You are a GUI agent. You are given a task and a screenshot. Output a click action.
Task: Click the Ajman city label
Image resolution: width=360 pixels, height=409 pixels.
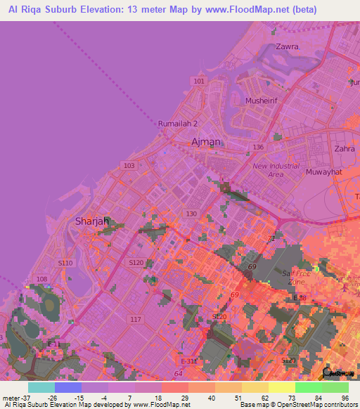click(x=206, y=142)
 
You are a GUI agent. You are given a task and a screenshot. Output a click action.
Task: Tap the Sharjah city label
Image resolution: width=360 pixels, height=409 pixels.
click(x=92, y=221)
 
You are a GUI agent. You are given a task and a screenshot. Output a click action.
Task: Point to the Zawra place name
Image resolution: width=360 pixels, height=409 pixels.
click(x=287, y=46)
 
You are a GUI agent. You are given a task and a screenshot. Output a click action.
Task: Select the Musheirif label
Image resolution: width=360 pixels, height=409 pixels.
click(x=263, y=100)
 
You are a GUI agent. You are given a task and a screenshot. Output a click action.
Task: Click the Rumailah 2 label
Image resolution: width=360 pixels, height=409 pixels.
click(x=178, y=124)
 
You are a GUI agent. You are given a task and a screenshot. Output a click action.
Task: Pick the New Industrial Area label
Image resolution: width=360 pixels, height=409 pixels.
click(x=276, y=170)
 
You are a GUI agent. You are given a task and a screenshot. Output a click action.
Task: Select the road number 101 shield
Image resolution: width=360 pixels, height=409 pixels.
click(x=200, y=82)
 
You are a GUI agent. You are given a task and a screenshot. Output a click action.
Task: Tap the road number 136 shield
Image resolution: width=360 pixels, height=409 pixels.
click(x=258, y=147)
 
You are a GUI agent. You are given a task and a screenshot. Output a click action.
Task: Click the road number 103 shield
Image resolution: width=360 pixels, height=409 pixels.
click(x=128, y=166)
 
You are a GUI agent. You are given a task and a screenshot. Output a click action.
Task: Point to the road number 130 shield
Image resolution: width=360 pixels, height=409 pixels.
click(x=191, y=213)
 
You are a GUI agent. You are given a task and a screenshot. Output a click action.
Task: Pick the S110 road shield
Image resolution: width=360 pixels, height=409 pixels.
click(x=65, y=263)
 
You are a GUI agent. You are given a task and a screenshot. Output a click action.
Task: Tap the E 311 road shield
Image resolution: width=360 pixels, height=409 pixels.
click(x=188, y=361)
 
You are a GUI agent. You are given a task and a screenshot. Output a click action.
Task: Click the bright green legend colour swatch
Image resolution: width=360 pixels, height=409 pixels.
click(x=309, y=387)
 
